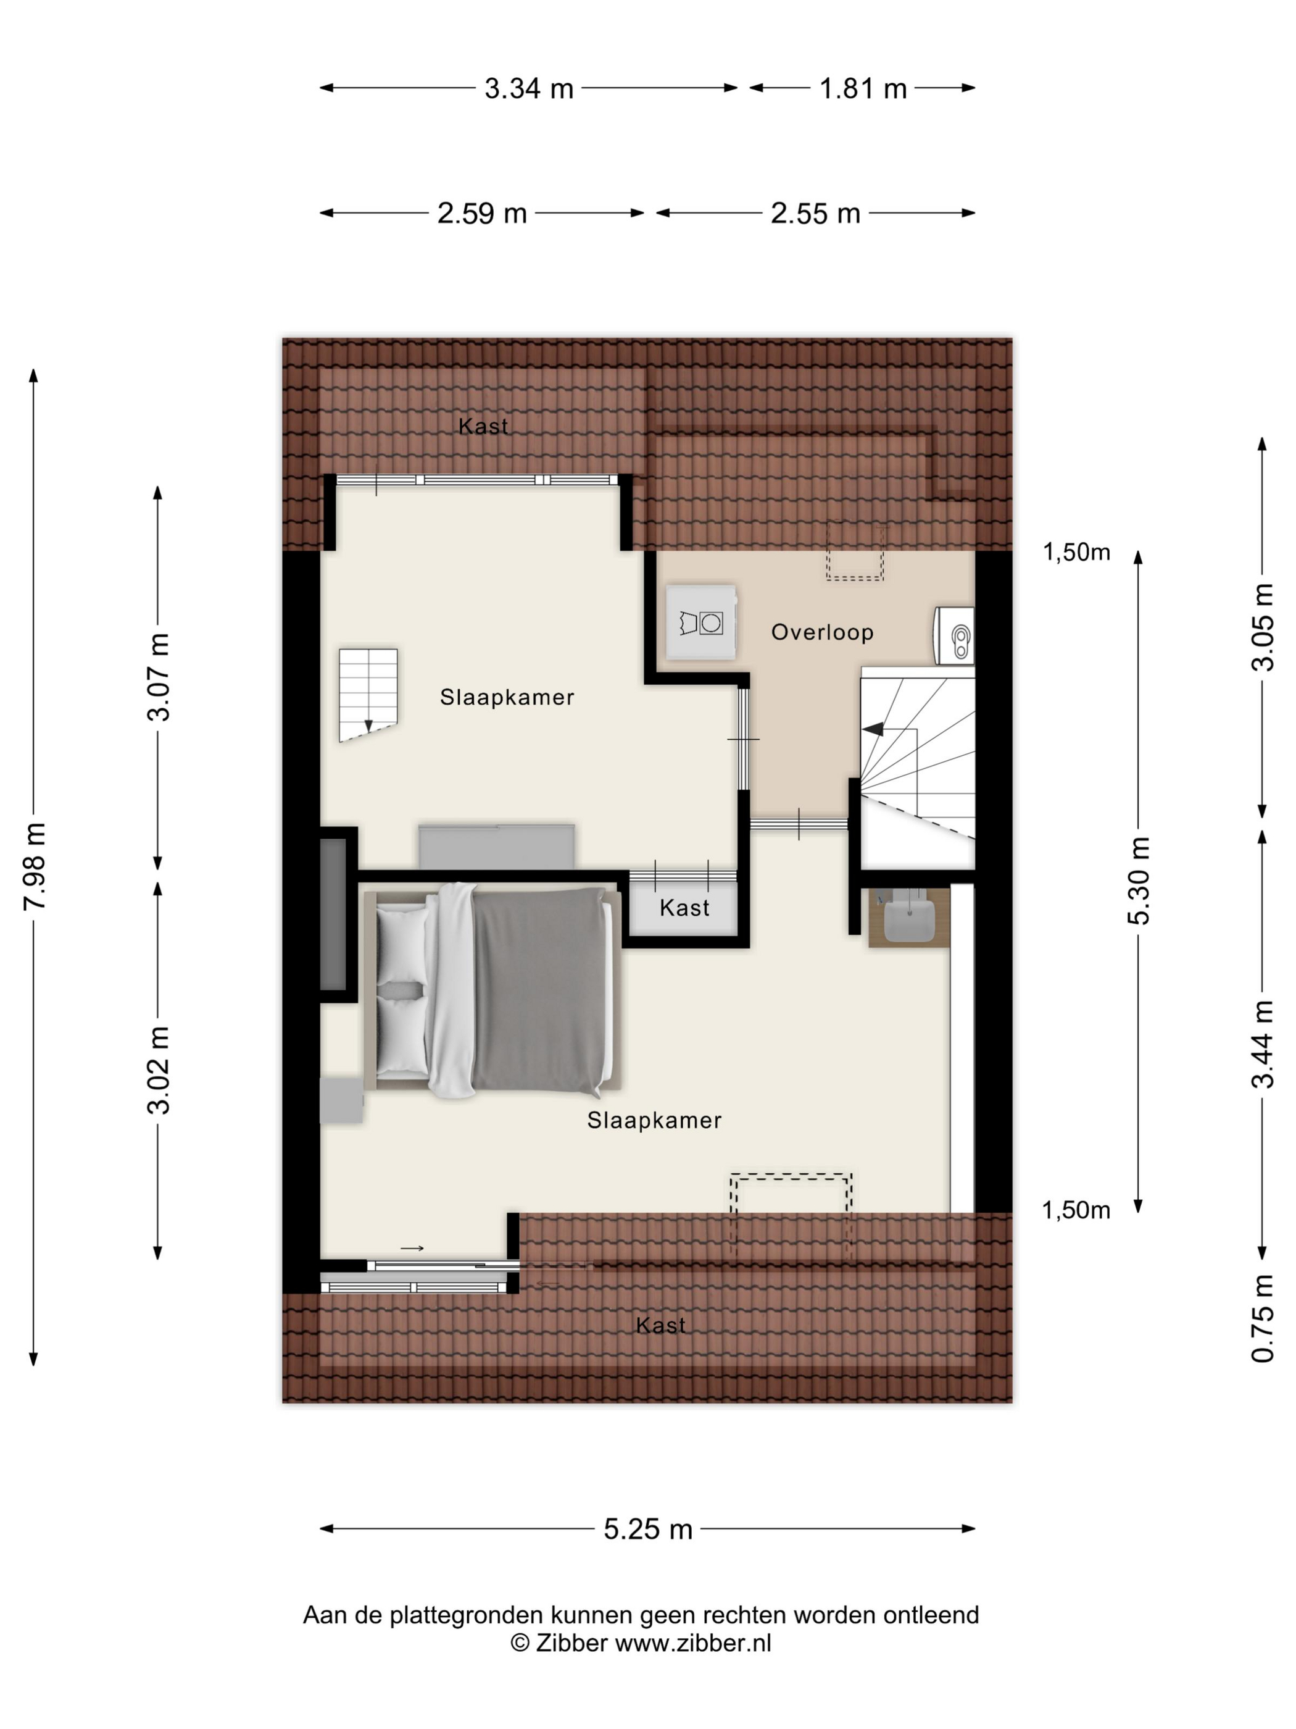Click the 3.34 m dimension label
pyautogui.click(x=529, y=88)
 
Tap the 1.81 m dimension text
pyautogui.click(x=862, y=88)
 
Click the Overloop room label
pyautogui.click(x=822, y=632)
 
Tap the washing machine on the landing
pyautogui.click(x=700, y=622)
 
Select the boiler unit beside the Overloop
pyautogui.click(x=954, y=636)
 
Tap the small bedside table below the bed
pyautogui.click(x=342, y=1100)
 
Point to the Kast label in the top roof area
pyautogui.click(x=483, y=426)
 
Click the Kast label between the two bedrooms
pyautogui.click(x=684, y=908)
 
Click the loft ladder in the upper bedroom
pyautogui.click(x=368, y=694)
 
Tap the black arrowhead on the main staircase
pyautogui.click(x=873, y=729)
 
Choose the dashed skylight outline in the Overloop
pyautogui.click(x=855, y=552)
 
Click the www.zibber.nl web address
pyautogui.click(x=693, y=1643)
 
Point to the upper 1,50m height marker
pyautogui.click(x=1076, y=553)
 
